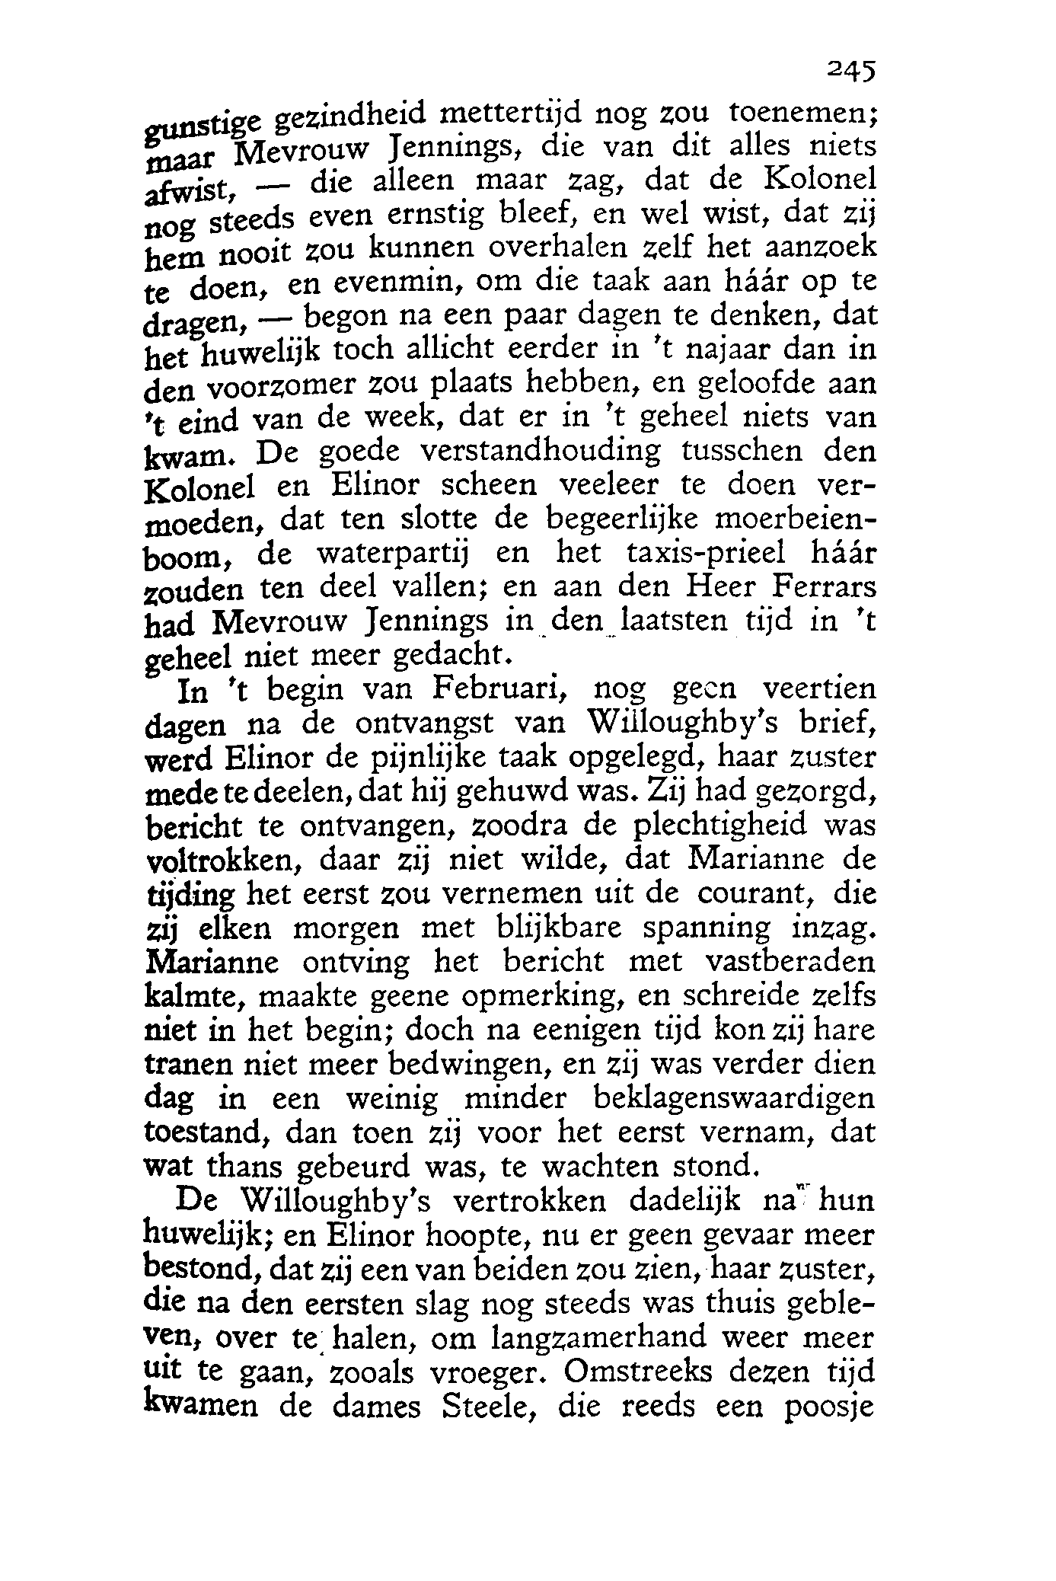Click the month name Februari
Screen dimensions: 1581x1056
(499, 690)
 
